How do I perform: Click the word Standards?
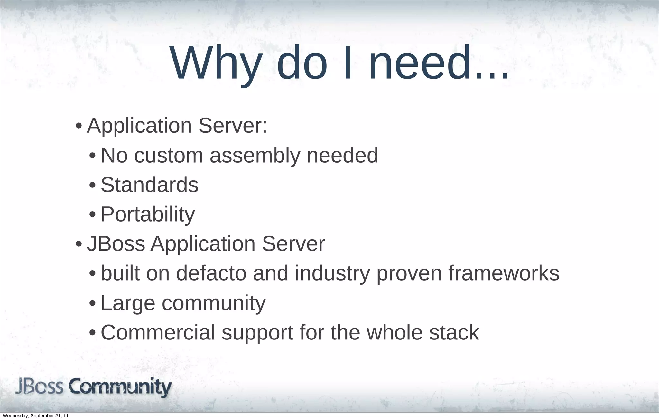click(150, 185)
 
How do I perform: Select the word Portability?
click(148, 215)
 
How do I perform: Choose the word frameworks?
click(504, 273)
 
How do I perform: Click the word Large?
click(128, 303)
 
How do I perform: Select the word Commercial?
click(158, 332)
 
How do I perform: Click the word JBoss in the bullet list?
click(116, 244)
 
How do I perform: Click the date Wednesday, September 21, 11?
click(35, 416)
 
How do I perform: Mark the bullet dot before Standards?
click(92, 186)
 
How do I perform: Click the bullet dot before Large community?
click(92, 303)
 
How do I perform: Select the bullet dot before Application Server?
click(78, 126)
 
